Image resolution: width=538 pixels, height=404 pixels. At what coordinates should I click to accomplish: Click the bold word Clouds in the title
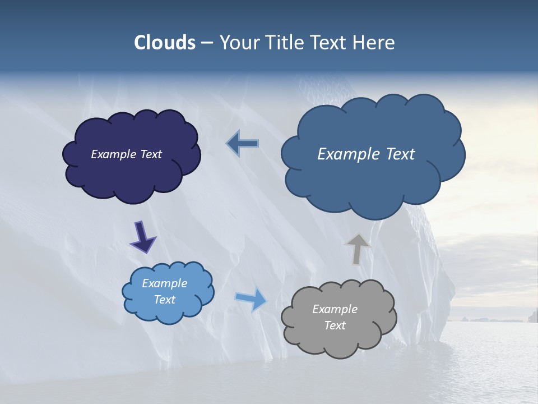click(x=165, y=43)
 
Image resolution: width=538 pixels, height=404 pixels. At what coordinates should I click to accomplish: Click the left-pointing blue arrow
click(x=243, y=144)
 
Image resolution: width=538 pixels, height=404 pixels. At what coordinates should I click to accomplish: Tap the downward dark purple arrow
click(x=143, y=237)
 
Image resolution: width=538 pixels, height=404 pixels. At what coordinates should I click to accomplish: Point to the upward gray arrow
click(x=357, y=249)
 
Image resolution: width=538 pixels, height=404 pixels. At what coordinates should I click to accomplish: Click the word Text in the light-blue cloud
click(x=165, y=300)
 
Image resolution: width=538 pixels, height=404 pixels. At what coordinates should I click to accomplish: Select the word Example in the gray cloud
click(x=335, y=309)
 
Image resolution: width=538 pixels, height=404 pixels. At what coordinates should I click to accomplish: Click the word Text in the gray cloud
click(x=335, y=325)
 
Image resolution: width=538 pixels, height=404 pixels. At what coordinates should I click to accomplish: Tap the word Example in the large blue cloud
click(x=347, y=154)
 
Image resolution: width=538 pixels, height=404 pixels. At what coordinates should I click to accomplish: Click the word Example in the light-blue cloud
click(x=165, y=283)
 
